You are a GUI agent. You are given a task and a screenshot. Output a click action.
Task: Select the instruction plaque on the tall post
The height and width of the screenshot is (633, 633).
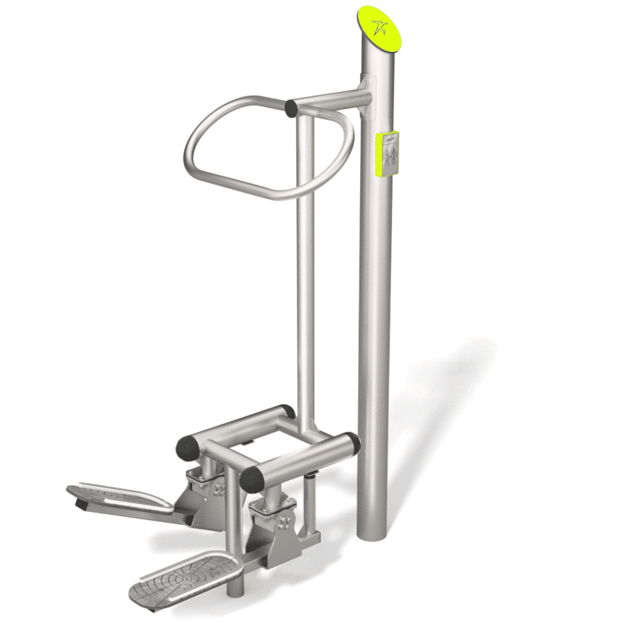(x=388, y=154)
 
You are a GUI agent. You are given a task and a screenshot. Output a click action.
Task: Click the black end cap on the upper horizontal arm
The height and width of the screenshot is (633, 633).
(x=291, y=109)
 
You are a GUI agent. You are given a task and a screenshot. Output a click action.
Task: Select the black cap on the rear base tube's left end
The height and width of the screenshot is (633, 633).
(x=185, y=449)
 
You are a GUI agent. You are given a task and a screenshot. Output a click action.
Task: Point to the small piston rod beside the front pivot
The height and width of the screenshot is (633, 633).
(x=311, y=482)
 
